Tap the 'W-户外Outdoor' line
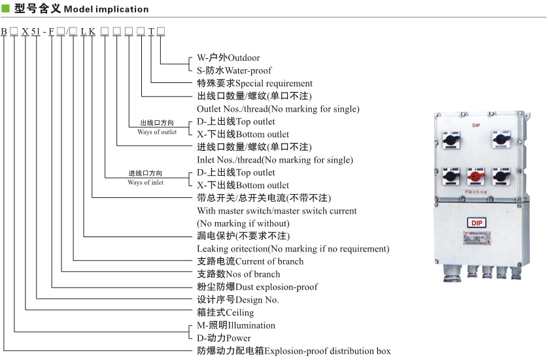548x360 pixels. tap(228, 57)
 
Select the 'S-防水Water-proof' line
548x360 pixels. tap(234, 70)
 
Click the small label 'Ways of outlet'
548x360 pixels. tap(157, 132)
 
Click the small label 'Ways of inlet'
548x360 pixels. tap(146, 182)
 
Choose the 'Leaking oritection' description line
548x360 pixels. tap(293, 248)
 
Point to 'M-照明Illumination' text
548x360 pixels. tap(236, 325)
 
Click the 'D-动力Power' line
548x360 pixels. tap(224, 338)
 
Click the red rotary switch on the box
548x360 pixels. tap(475, 176)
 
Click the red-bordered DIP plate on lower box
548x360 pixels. tap(475, 223)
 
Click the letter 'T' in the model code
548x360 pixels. tap(150, 31)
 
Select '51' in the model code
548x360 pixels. tap(35, 31)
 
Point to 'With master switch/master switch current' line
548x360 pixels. tap(277, 210)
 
